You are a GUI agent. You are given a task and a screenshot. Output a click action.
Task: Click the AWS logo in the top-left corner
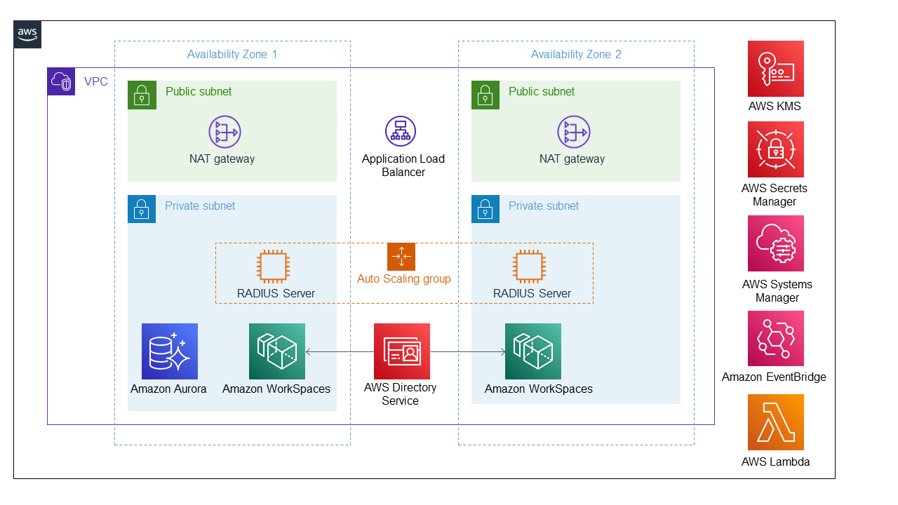coord(27,34)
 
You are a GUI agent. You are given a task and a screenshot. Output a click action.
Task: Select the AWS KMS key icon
coord(775,69)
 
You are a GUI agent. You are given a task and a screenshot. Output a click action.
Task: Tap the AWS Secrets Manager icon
coord(775,149)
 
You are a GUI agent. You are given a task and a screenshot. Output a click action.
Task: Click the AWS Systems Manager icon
coord(775,243)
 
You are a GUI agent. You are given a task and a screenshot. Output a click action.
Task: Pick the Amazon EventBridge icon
coord(775,338)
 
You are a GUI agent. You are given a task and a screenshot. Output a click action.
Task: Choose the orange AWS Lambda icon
coord(775,422)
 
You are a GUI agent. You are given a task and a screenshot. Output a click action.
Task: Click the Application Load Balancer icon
coord(401,132)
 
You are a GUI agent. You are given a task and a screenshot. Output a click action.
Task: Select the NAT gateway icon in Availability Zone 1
coord(224,132)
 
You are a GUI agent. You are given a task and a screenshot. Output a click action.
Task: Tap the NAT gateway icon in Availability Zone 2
coord(573,132)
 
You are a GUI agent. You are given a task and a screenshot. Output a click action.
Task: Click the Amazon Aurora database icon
coord(170,351)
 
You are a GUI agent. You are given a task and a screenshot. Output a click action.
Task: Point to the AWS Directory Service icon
coord(401,351)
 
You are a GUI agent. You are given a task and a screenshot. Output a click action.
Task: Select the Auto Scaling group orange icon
coord(401,257)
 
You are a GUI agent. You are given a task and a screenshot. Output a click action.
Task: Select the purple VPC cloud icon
coord(61,81)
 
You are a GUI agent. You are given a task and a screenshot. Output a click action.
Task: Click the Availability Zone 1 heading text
coord(232,55)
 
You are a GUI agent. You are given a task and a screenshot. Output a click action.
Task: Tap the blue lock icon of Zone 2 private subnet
coord(485,209)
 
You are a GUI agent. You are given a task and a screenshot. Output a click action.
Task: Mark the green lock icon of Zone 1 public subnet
coord(142,95)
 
